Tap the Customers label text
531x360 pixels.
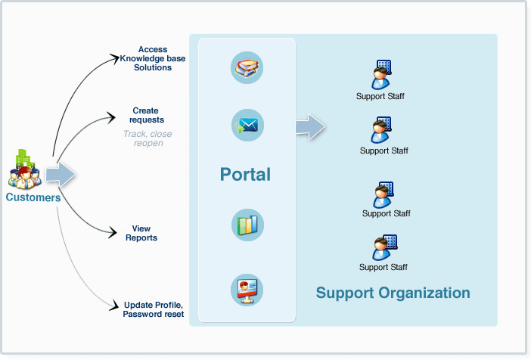(33, 197)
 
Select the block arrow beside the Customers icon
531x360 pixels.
(61, 175)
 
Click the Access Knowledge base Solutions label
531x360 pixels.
(153, 58)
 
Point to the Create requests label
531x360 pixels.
(146, 115)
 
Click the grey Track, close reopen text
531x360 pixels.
(147, 138)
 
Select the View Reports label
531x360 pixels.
(141, 233)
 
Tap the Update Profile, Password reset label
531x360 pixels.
(153, 309)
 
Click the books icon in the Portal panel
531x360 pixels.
(247, 67)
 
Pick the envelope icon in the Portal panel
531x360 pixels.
(247, 125)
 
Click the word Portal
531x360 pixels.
(245, 175)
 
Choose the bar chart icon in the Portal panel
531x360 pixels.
(247, 226)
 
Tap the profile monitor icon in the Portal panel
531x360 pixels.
(247, 288)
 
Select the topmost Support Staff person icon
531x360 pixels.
(381, 75)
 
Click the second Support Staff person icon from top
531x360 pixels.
(383, 129)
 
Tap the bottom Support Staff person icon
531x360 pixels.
(383, 247)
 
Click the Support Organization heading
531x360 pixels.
(393, 293)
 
